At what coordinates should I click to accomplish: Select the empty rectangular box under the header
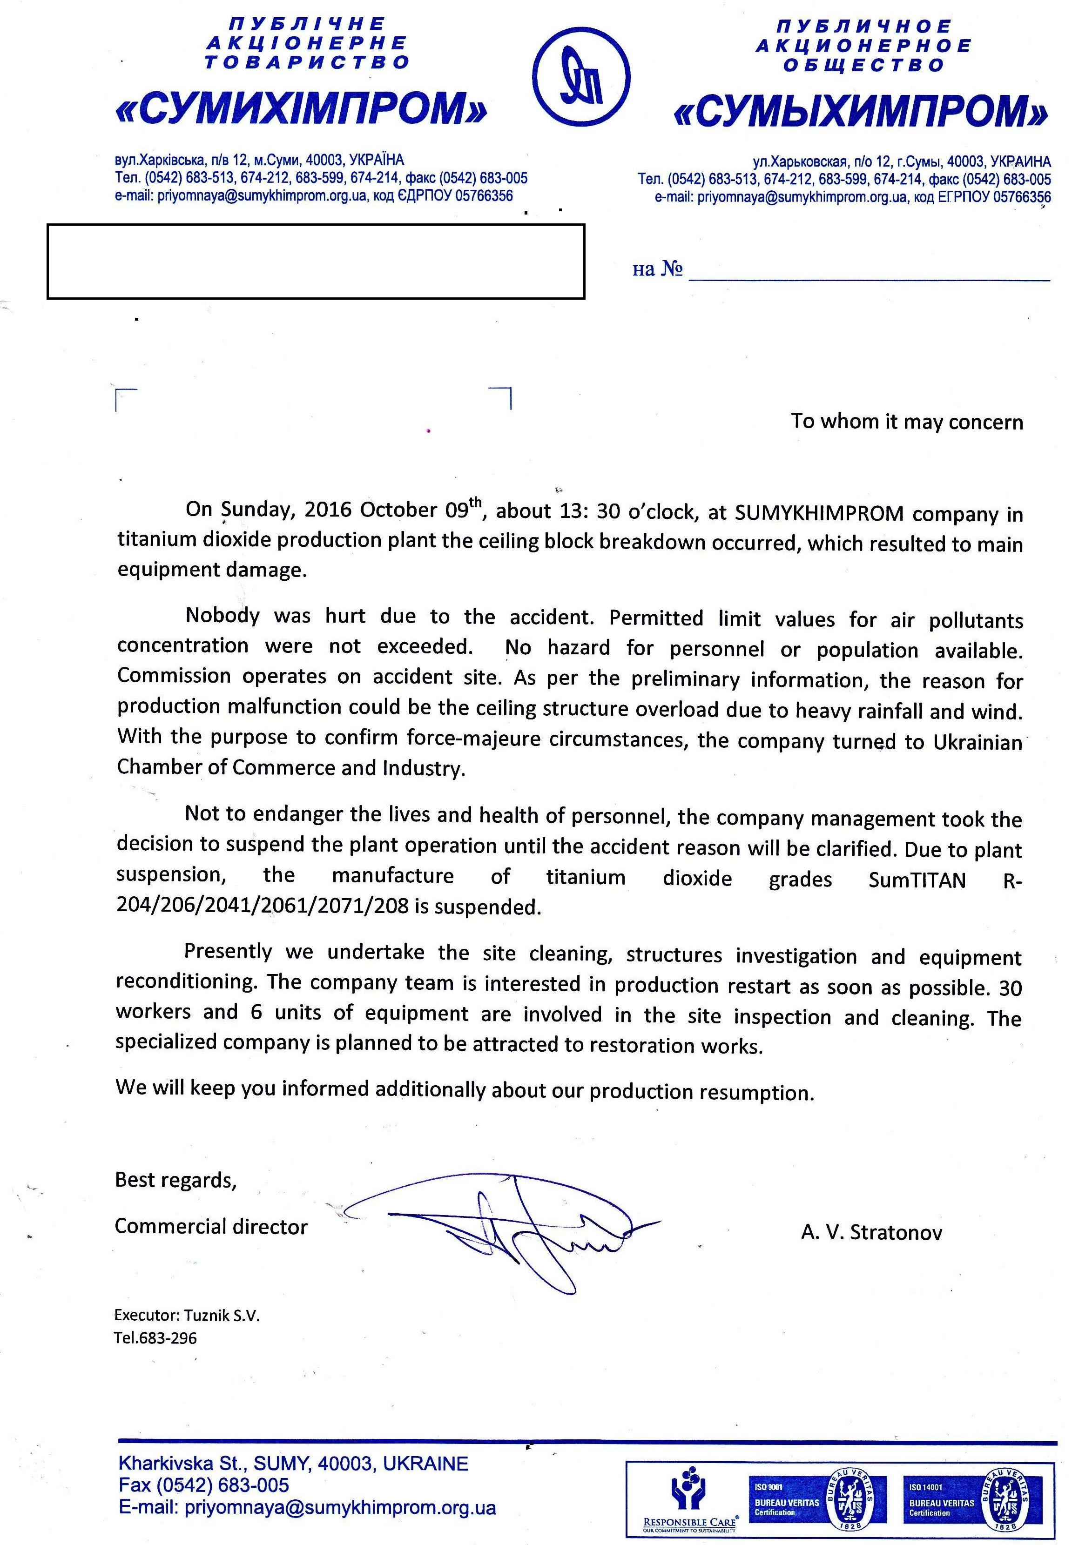point(316,261)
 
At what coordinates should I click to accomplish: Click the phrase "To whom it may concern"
point(907,422)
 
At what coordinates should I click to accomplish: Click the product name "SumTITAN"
point(917,880)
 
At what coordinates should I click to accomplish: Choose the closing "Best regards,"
point(176,1179)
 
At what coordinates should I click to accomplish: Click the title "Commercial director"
point(211,1226)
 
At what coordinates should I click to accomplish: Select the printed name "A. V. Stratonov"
point(871,1232)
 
